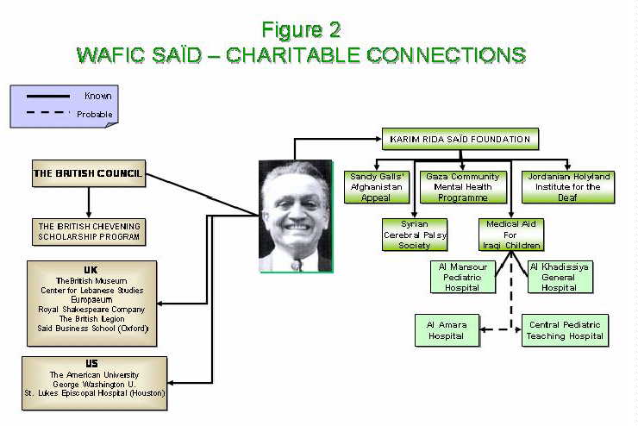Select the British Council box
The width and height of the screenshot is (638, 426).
tap(88, 172)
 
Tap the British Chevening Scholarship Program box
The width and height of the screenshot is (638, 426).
tap(88, 231)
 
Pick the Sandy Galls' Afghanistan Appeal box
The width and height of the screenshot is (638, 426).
tap(376, 187)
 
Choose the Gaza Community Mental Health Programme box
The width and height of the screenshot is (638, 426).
tap(462, 187)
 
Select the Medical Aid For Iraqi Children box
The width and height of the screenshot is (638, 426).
tap(510, 234)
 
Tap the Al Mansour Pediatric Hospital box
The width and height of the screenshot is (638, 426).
tap(462, 277)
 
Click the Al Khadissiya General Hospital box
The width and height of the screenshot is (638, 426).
tap(559, 277)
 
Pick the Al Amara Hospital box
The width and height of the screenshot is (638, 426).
tap(446, 330)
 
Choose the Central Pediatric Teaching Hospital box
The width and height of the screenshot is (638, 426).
tap(565, 330)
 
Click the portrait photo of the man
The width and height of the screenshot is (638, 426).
tap(295, 216)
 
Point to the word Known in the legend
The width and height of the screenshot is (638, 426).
tap(97, 96)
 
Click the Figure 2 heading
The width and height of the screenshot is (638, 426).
tap(301, 29)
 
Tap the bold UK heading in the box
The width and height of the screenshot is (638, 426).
tap(91, 269)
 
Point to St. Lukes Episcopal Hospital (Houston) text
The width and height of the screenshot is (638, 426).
tap(94, 394)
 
